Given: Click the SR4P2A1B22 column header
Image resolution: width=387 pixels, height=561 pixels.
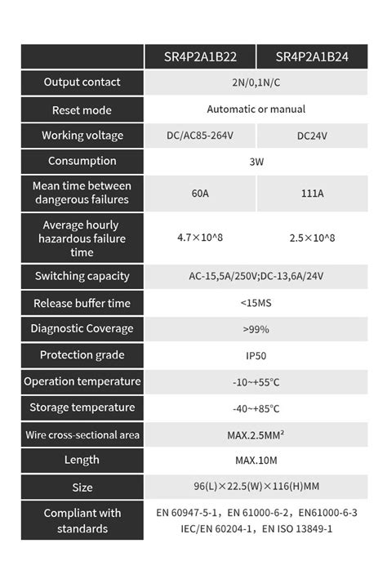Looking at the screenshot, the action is click(x=200, y=56).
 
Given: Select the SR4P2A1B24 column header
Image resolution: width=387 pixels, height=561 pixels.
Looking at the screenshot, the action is click(x=312, y=56).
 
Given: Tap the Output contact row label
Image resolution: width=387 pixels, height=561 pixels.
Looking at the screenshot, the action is click(x=82, y=82).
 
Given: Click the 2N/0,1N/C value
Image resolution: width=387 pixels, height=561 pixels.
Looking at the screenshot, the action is click(x=256, y=82).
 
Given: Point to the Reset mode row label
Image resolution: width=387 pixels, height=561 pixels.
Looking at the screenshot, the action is click(x=82, y=109).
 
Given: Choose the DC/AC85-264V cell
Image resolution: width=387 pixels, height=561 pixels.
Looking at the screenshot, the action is click(x=200, y=136).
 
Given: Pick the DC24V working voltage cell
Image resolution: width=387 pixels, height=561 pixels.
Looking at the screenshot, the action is click(x=312, y=136).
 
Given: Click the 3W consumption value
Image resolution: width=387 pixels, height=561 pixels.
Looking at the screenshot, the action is click(x=256, y=162).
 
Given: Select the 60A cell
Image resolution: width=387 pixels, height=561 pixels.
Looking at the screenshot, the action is click(x=200, y=194).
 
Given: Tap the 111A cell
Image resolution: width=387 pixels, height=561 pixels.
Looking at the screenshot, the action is click(x=312, y=194).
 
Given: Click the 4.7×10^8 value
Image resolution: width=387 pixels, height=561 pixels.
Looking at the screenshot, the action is click(x=200, y=238).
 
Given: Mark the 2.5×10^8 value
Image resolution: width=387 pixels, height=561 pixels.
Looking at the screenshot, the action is click(x=312, y=238).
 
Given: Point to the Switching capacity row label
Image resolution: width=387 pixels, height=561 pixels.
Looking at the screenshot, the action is click(x=82, y=277).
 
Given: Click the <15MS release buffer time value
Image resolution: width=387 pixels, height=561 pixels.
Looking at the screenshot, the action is click(x=256, y=303).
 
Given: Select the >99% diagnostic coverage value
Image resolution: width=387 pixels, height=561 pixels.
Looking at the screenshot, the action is click(x=256, y=329).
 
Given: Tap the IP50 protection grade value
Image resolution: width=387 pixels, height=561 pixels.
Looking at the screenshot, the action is click(x=256, y=356).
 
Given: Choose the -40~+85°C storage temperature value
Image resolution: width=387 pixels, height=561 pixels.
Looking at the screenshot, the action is click(x=256, y=408).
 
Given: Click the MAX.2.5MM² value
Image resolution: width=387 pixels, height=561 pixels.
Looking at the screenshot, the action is click(x=256, y=435).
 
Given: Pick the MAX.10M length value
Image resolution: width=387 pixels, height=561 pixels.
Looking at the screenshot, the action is click(x=256, y=461).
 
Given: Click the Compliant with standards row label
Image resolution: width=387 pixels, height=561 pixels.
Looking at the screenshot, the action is click(x=82, y=521).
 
